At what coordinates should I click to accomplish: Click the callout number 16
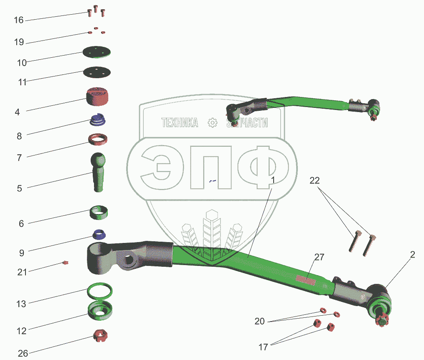[x=18, y=20]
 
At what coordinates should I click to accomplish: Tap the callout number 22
[x=315, y=181]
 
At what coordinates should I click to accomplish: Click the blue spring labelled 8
[x=98, y=120]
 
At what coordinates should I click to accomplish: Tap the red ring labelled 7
[x=99, y=138]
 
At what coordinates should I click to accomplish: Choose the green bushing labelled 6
[x=99, y=212]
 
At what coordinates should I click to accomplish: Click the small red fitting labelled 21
[x=65, y=263]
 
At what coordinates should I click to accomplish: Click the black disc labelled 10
[x=96, y=53]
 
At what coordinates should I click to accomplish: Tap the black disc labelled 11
[x=96, y=72]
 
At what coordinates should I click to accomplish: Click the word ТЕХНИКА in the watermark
[x=180, y=123]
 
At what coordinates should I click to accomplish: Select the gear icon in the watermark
[x=213, y=123]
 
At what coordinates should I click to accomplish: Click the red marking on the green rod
[x=305, y=278]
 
